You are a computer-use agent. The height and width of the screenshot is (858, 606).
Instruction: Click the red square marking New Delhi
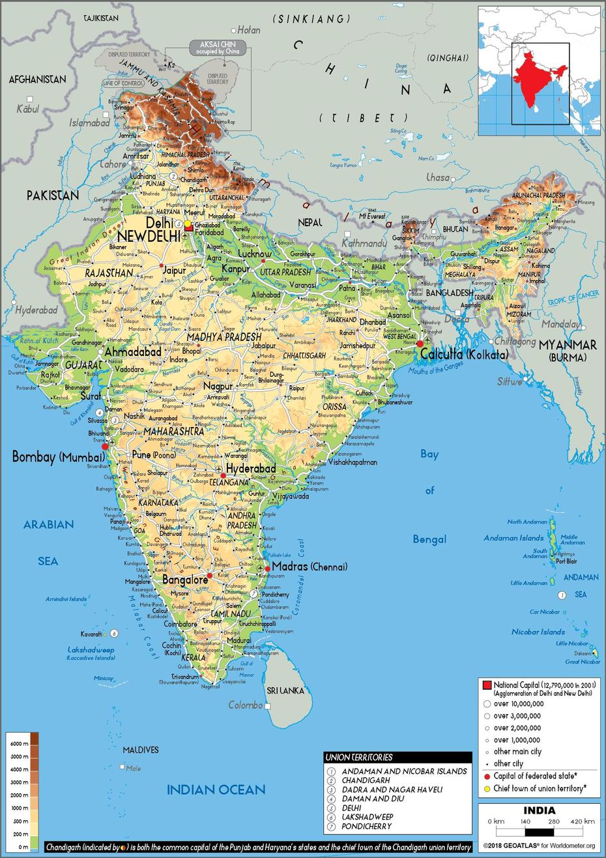pos(189,228)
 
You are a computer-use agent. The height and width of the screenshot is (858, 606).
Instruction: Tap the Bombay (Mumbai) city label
pos(58,457)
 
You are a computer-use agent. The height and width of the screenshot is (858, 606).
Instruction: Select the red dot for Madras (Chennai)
pos(268,569)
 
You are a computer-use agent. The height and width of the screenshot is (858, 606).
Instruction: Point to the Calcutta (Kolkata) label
pos(464,355)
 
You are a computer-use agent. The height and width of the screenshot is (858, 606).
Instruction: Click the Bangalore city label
pos(185,579)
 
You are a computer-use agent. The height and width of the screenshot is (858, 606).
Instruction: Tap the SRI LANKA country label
pos(284,690)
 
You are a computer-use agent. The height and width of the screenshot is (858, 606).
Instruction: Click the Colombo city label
pos(246,705)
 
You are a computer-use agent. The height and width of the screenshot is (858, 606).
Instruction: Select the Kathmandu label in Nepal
pos(364,243)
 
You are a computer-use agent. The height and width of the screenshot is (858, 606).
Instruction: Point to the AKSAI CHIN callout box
pos(218,47)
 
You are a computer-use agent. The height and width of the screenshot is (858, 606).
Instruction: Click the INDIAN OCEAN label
pos(216,790)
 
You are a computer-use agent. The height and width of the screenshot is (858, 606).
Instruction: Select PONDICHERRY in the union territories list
pos(366,826)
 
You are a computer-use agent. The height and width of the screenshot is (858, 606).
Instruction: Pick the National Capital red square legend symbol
pos(487,685)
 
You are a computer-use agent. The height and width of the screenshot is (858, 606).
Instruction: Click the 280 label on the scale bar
pos(554,821)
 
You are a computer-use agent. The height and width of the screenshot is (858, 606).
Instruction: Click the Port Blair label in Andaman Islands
pos(566,561)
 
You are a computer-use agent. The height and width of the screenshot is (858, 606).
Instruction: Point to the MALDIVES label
pos(140,750)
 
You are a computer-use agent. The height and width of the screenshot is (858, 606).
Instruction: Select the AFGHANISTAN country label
pos(37,80)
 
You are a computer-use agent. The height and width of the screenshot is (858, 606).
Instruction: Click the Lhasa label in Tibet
pos(438,177)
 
